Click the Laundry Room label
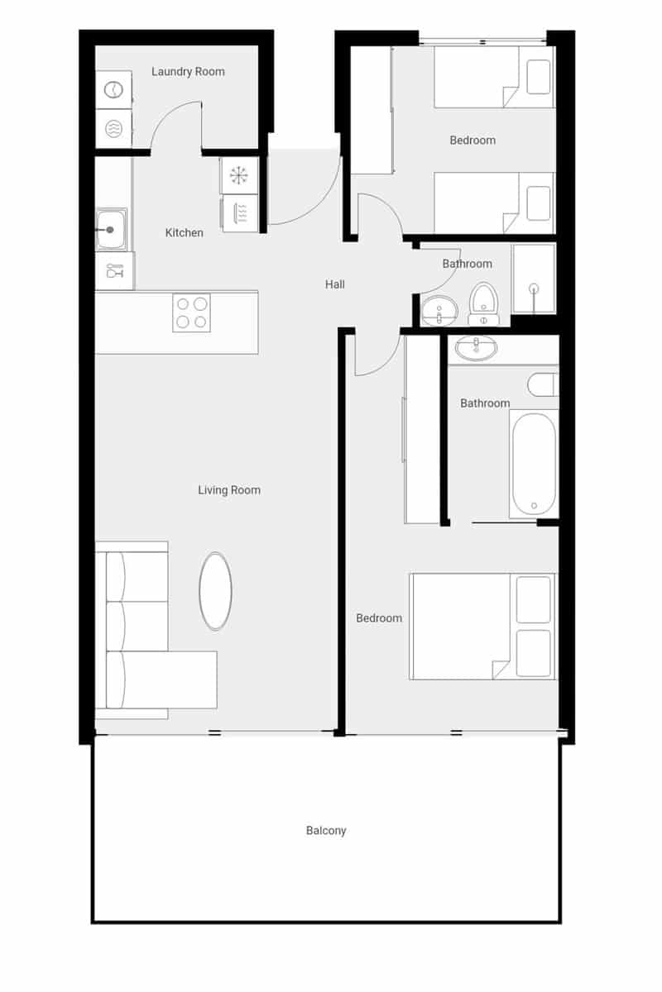pyautogui.click(x=188, y=72)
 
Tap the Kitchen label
pyautogui.click(x=184, y=233)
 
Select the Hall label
pyautogui.click(x=334, y=284)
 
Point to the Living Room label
pyautogui.click(x=229, y=490)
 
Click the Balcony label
pyautogui.click(x=326, y=831)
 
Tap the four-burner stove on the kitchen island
pyautogui.click(x=191, y=312)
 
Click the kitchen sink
pyautogui.click(x=110, y=229)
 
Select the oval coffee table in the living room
pyautogui.click(x=215, y=591)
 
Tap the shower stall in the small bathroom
pyautogui.click(x=534, y=278)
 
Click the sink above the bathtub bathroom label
pyautogui.click(x=477, y=347)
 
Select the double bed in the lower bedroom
pyautogui.click(x=482, y=626)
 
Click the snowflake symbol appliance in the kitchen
pyautogui.click(x=239, y=175)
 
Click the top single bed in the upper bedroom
pyautogui.click(x=493, y=77)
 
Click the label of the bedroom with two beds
pyautogui.click(x=473, y=141)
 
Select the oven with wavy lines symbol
pyautogui.click(x=240, y=212)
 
